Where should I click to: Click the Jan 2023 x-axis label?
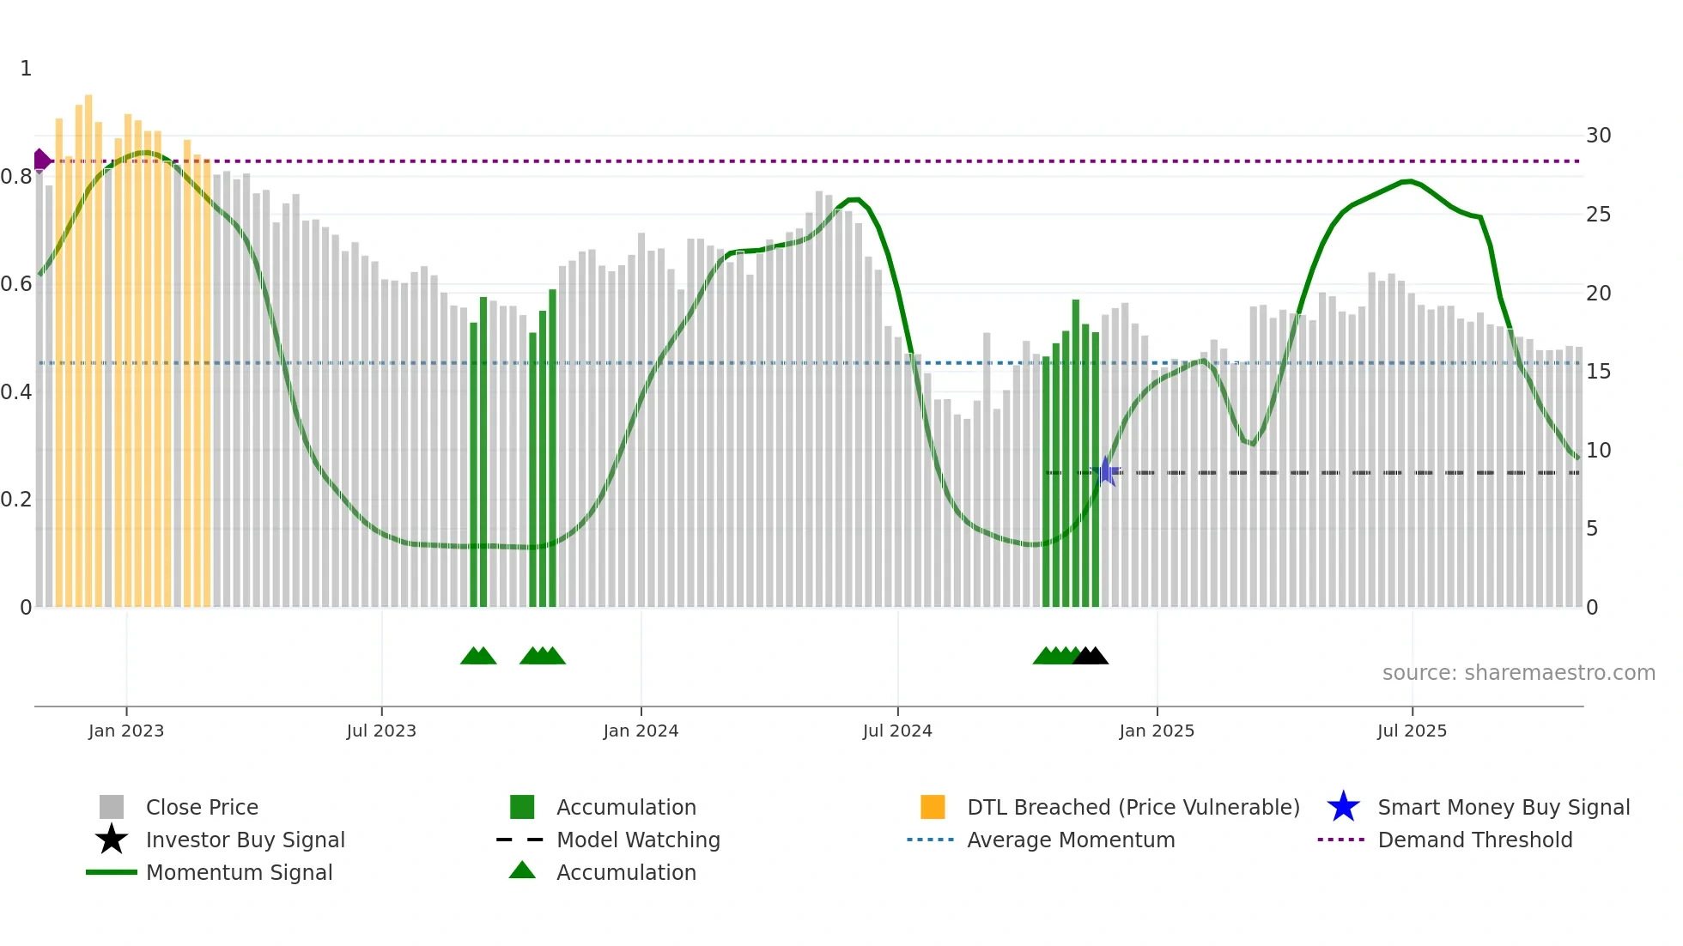click(x=126, y=731)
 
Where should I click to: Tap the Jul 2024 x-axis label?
click(x=897, y=731)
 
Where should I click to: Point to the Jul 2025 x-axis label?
click(x=1412, y=731)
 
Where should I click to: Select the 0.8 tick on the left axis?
click(x=16, y=177)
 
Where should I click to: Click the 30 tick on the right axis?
click(x=1598, y=136)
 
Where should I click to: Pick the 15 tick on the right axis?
click(x=1598, y=372)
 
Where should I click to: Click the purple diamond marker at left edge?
click(x=41, y=160)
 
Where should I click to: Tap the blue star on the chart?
click(x=1106, y=472)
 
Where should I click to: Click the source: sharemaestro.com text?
click(x=1518, y=673)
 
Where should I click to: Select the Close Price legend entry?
click(x=202, y=807)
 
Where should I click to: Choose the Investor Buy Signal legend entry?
click(x=245, y=840)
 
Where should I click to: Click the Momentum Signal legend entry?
click(x=239, y=872)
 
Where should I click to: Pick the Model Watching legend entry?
click(x=638, y=840)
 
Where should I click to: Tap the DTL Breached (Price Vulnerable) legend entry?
click(x=1133, y=807)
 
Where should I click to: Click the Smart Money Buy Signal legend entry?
click(x=1503, y=807)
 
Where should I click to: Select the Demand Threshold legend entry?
click(x=1474, y=840)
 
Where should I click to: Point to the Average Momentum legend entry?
click(x=1070, y=840)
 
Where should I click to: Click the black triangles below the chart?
click(x=1091, y=656)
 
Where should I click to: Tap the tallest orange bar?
click(x=88, y=343)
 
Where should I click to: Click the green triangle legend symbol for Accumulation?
click(x=522, y=870)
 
